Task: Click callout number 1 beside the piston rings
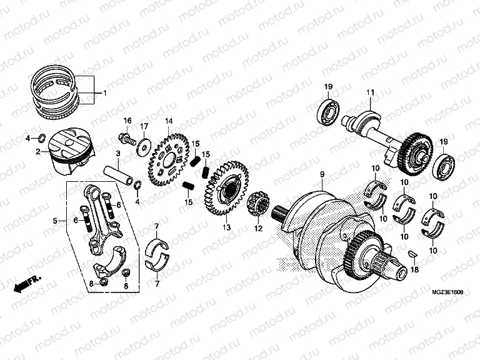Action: click(104, 93)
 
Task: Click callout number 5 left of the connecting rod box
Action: click(56, 221)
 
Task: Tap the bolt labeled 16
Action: click(128, 139)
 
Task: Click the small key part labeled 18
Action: click(412, 252)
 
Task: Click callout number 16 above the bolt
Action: click(127, 120)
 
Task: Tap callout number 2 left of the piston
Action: click(38, 151)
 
